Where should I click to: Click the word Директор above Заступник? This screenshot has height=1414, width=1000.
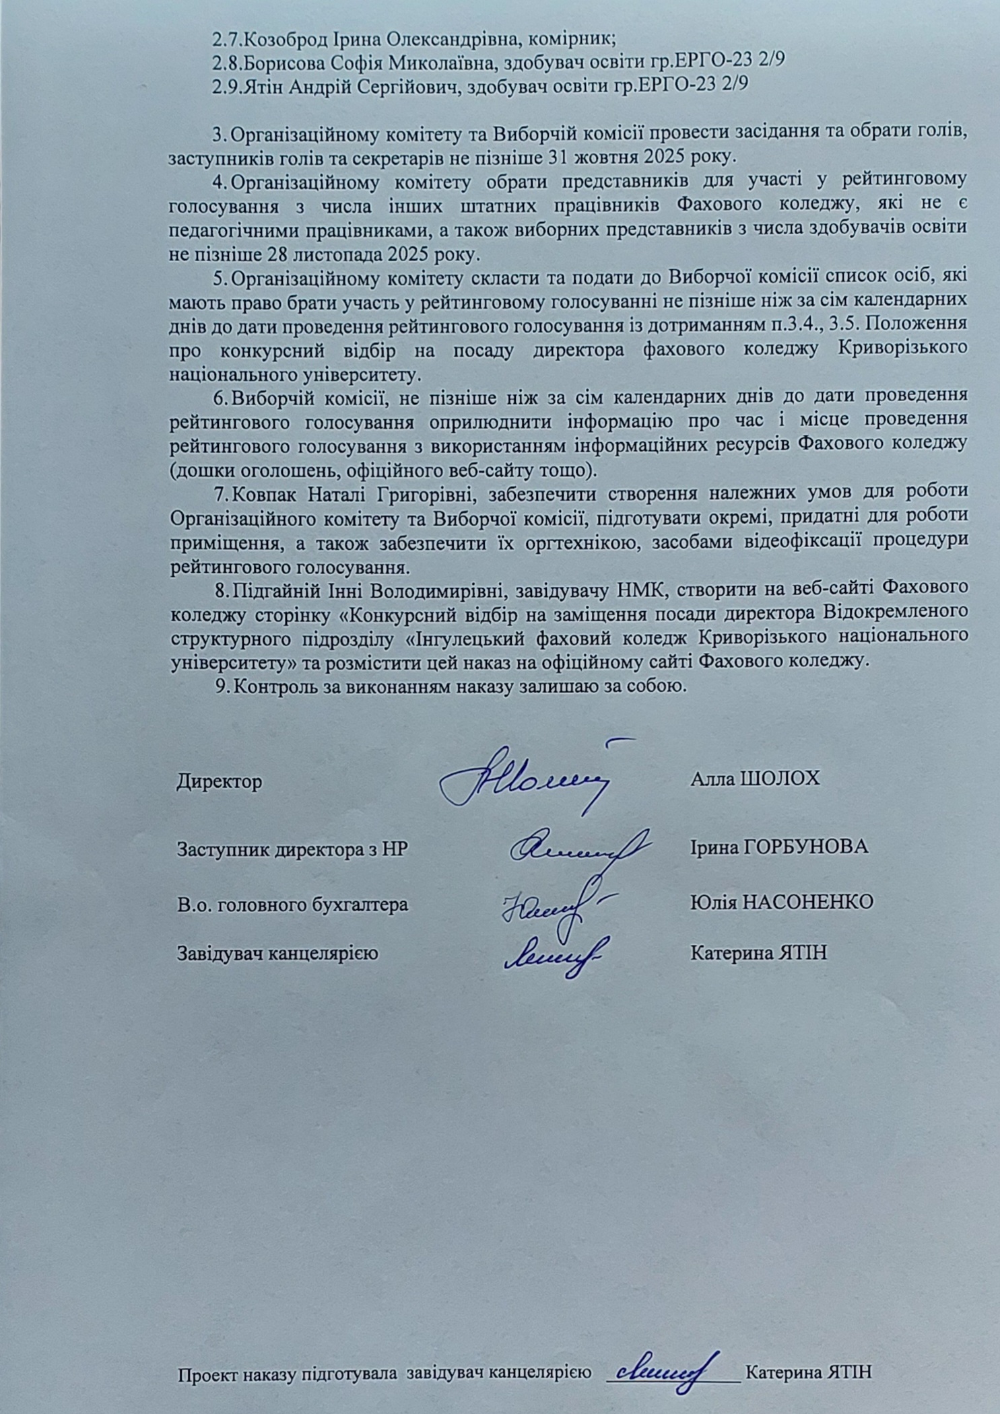[220, 781]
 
